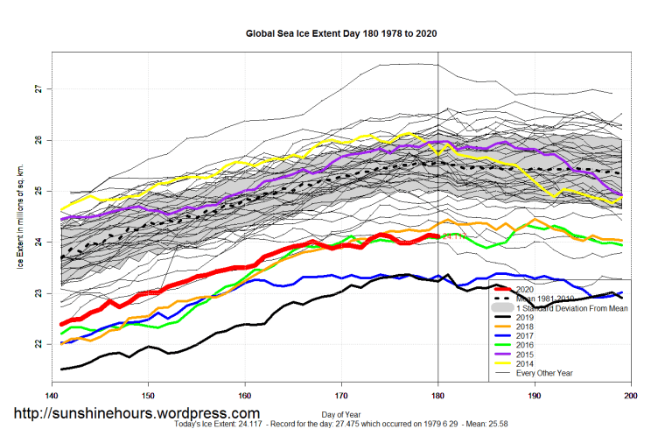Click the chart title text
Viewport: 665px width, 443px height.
coord(341,34)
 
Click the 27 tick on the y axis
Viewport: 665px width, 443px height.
coord(38,89)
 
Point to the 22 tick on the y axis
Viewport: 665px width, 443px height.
coord(38,344)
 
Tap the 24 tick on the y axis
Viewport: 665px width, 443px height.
coord(38,242)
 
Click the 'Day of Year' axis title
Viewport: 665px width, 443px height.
coord(341,413)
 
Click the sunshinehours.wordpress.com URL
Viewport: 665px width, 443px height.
coord(136,413)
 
